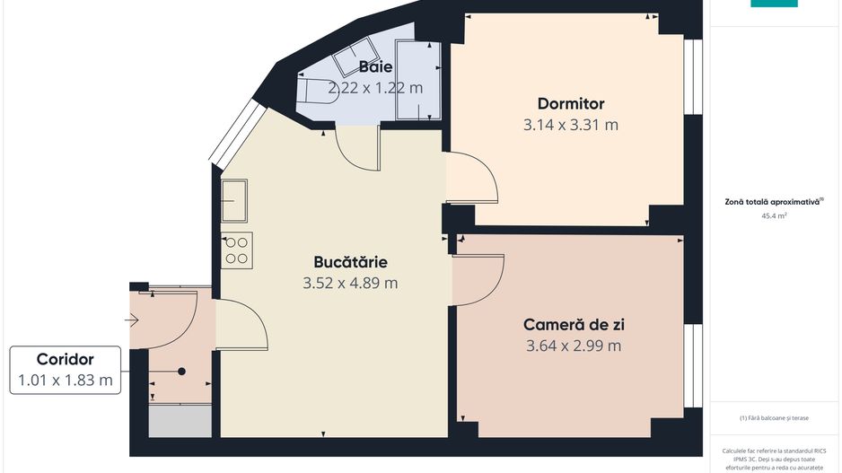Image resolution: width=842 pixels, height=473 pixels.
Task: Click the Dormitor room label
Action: [571, 103]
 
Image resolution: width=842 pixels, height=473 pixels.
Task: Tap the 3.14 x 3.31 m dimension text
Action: [571, 125]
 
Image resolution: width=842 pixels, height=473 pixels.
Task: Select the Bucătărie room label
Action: [350, 262]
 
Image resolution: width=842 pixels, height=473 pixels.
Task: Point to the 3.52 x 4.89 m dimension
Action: [350, 283]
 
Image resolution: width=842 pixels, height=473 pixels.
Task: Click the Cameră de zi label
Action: [574, 325]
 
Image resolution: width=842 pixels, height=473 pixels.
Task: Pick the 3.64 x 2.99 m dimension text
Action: [574, 346]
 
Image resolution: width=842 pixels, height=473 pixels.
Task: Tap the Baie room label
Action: [375, 67]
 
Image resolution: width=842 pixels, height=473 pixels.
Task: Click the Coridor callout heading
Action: [65, 359]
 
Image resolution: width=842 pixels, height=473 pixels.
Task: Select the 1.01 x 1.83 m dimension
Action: [66, 381]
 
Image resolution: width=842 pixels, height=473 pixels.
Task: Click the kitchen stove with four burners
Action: [237, 250]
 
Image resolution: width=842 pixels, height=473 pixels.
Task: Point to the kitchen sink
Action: [234, 201]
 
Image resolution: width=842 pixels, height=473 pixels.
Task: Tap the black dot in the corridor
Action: [182, 372]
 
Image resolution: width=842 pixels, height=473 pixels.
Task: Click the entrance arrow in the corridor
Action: [132, 321]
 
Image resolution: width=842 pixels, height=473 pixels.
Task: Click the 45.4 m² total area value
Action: [774, 215]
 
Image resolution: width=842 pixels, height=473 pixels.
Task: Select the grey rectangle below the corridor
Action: [180, 421]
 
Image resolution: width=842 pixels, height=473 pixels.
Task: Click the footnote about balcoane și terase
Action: [774, 418]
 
